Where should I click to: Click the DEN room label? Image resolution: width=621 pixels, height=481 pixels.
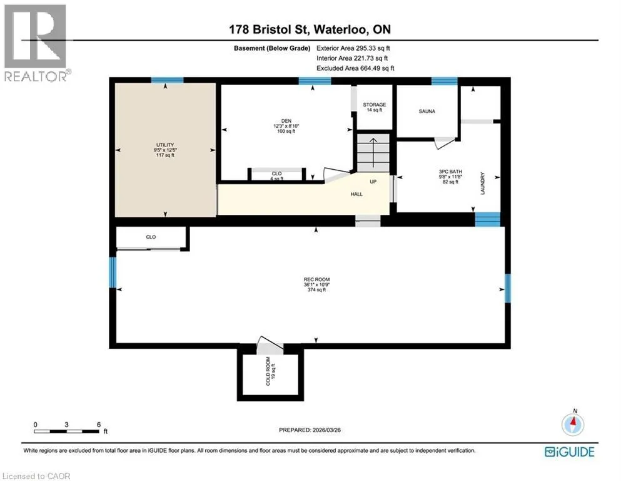[286, 121]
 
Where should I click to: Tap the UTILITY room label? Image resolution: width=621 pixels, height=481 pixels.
[164, 145]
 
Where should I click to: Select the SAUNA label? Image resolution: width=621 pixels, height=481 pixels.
[427, 111]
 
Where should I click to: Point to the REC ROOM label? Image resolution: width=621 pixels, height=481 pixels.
[316, 279]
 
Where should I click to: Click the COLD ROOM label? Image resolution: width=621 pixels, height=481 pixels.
[268, 371]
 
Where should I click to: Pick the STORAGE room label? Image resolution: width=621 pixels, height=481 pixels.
[374, 105]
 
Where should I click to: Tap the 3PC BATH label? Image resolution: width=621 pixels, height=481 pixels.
[450, 172]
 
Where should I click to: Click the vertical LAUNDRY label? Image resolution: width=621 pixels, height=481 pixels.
[482, 184]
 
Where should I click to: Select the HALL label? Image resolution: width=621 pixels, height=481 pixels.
[356, 194]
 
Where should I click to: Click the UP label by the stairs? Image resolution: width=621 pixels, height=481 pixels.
[373, 182]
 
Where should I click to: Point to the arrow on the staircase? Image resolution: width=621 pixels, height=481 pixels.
[373, 153]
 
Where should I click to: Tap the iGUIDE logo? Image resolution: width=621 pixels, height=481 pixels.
[570, 452]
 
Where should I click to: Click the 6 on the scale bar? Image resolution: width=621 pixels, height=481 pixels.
[99, 425]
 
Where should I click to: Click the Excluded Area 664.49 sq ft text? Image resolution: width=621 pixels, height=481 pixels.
[355, 68]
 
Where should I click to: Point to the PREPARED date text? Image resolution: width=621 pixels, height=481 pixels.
[310, 430]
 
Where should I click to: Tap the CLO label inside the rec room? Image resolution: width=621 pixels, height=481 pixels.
[151, 237]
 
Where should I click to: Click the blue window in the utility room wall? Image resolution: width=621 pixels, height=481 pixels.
[167, 80]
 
